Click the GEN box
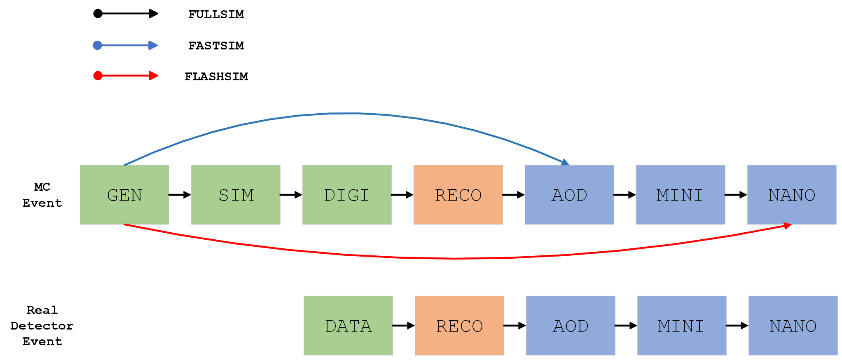[x=124, y=195]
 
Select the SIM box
[x=236, y=195]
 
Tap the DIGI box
[x=347, y=195]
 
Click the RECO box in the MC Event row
[x=458, y=195]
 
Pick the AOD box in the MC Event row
[x=569, y=195]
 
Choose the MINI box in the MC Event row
[x=681, y=195]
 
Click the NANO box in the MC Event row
[x=792, y=195]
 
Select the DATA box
[x=348, y=325]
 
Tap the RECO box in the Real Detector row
[x=459, y=325]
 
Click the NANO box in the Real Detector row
[x=793, y=325]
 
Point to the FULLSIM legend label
[x=216, y=14]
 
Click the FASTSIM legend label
[x=216, y=46]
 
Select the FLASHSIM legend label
[x=216, y=77]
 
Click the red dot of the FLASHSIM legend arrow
[x=98, y=76]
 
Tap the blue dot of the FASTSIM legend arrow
[x=98, y=45]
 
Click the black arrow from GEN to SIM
[x=180, y=195]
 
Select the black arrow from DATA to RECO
[x=403, y=325]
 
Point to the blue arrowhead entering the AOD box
[x=565, y=162]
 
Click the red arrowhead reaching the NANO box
[x=787, y=226]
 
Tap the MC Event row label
[x=42, y=195]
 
